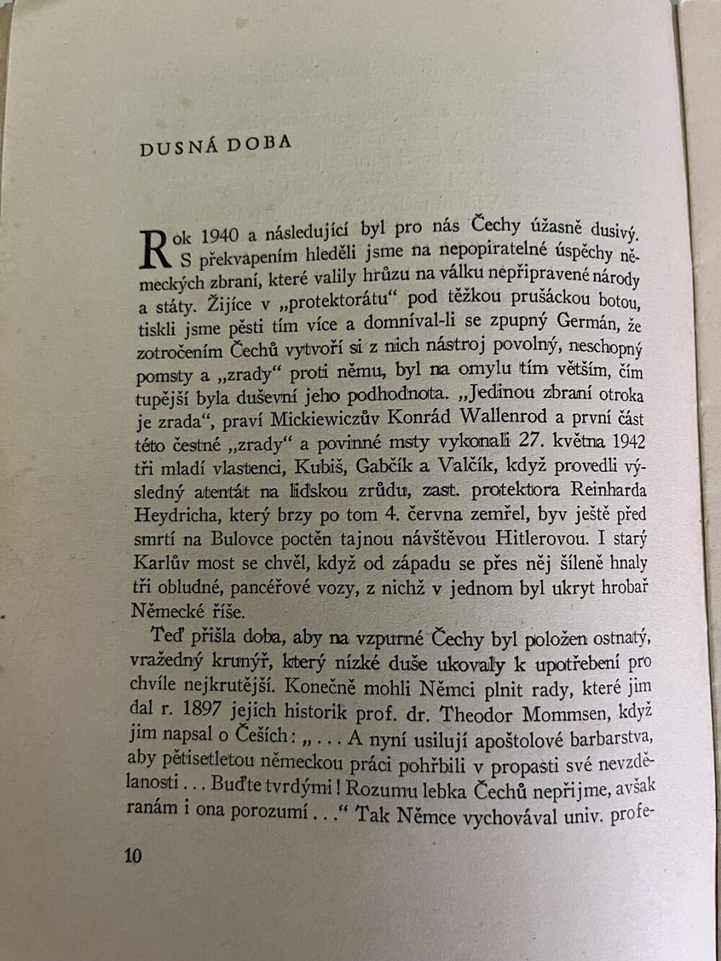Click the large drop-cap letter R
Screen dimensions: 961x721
152,249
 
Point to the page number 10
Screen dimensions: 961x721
133,856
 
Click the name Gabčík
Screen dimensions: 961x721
388,466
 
